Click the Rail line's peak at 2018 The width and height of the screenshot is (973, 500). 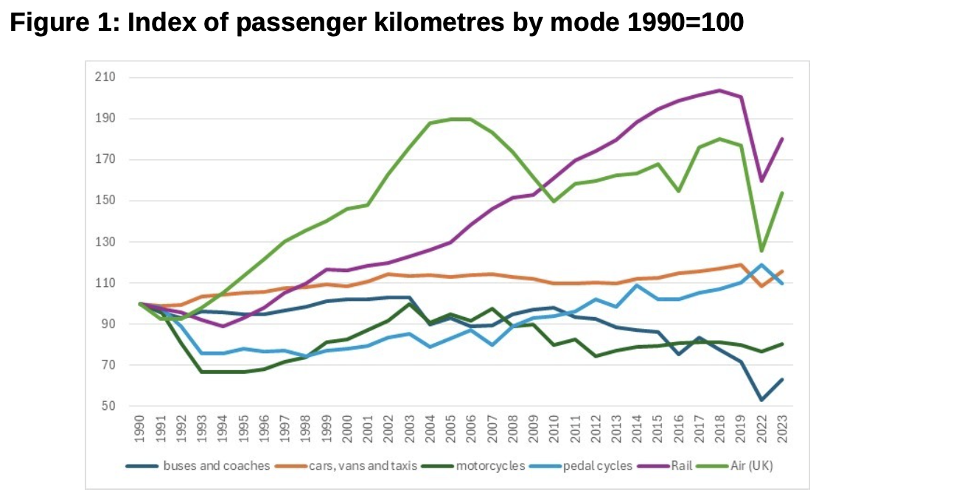719,91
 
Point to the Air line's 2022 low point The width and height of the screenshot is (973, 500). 760,251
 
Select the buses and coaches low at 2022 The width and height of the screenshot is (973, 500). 760,400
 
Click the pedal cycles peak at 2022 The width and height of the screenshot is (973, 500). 760,265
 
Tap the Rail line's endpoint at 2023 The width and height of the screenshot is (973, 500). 781,139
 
